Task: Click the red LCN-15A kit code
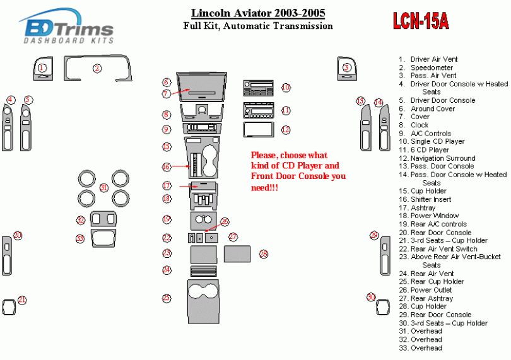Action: point(421,21)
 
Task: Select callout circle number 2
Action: point(97,68)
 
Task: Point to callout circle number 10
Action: point(286,88)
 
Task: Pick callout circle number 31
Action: point(104,188)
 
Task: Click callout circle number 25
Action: point(167,298)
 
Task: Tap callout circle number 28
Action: point(263,253)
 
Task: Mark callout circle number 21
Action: point(22,300)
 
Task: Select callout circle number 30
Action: point(371,297)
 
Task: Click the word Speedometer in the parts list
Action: point(432,67)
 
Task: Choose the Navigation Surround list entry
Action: point(443,158)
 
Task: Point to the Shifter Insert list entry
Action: point(430,199)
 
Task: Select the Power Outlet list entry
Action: point(432,290)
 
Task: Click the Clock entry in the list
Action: point(420,125)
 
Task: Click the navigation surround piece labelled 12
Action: point(258,130)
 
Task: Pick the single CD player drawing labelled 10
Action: point(258,88)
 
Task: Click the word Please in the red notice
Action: point(263,155)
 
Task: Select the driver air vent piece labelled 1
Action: point(42,69)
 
